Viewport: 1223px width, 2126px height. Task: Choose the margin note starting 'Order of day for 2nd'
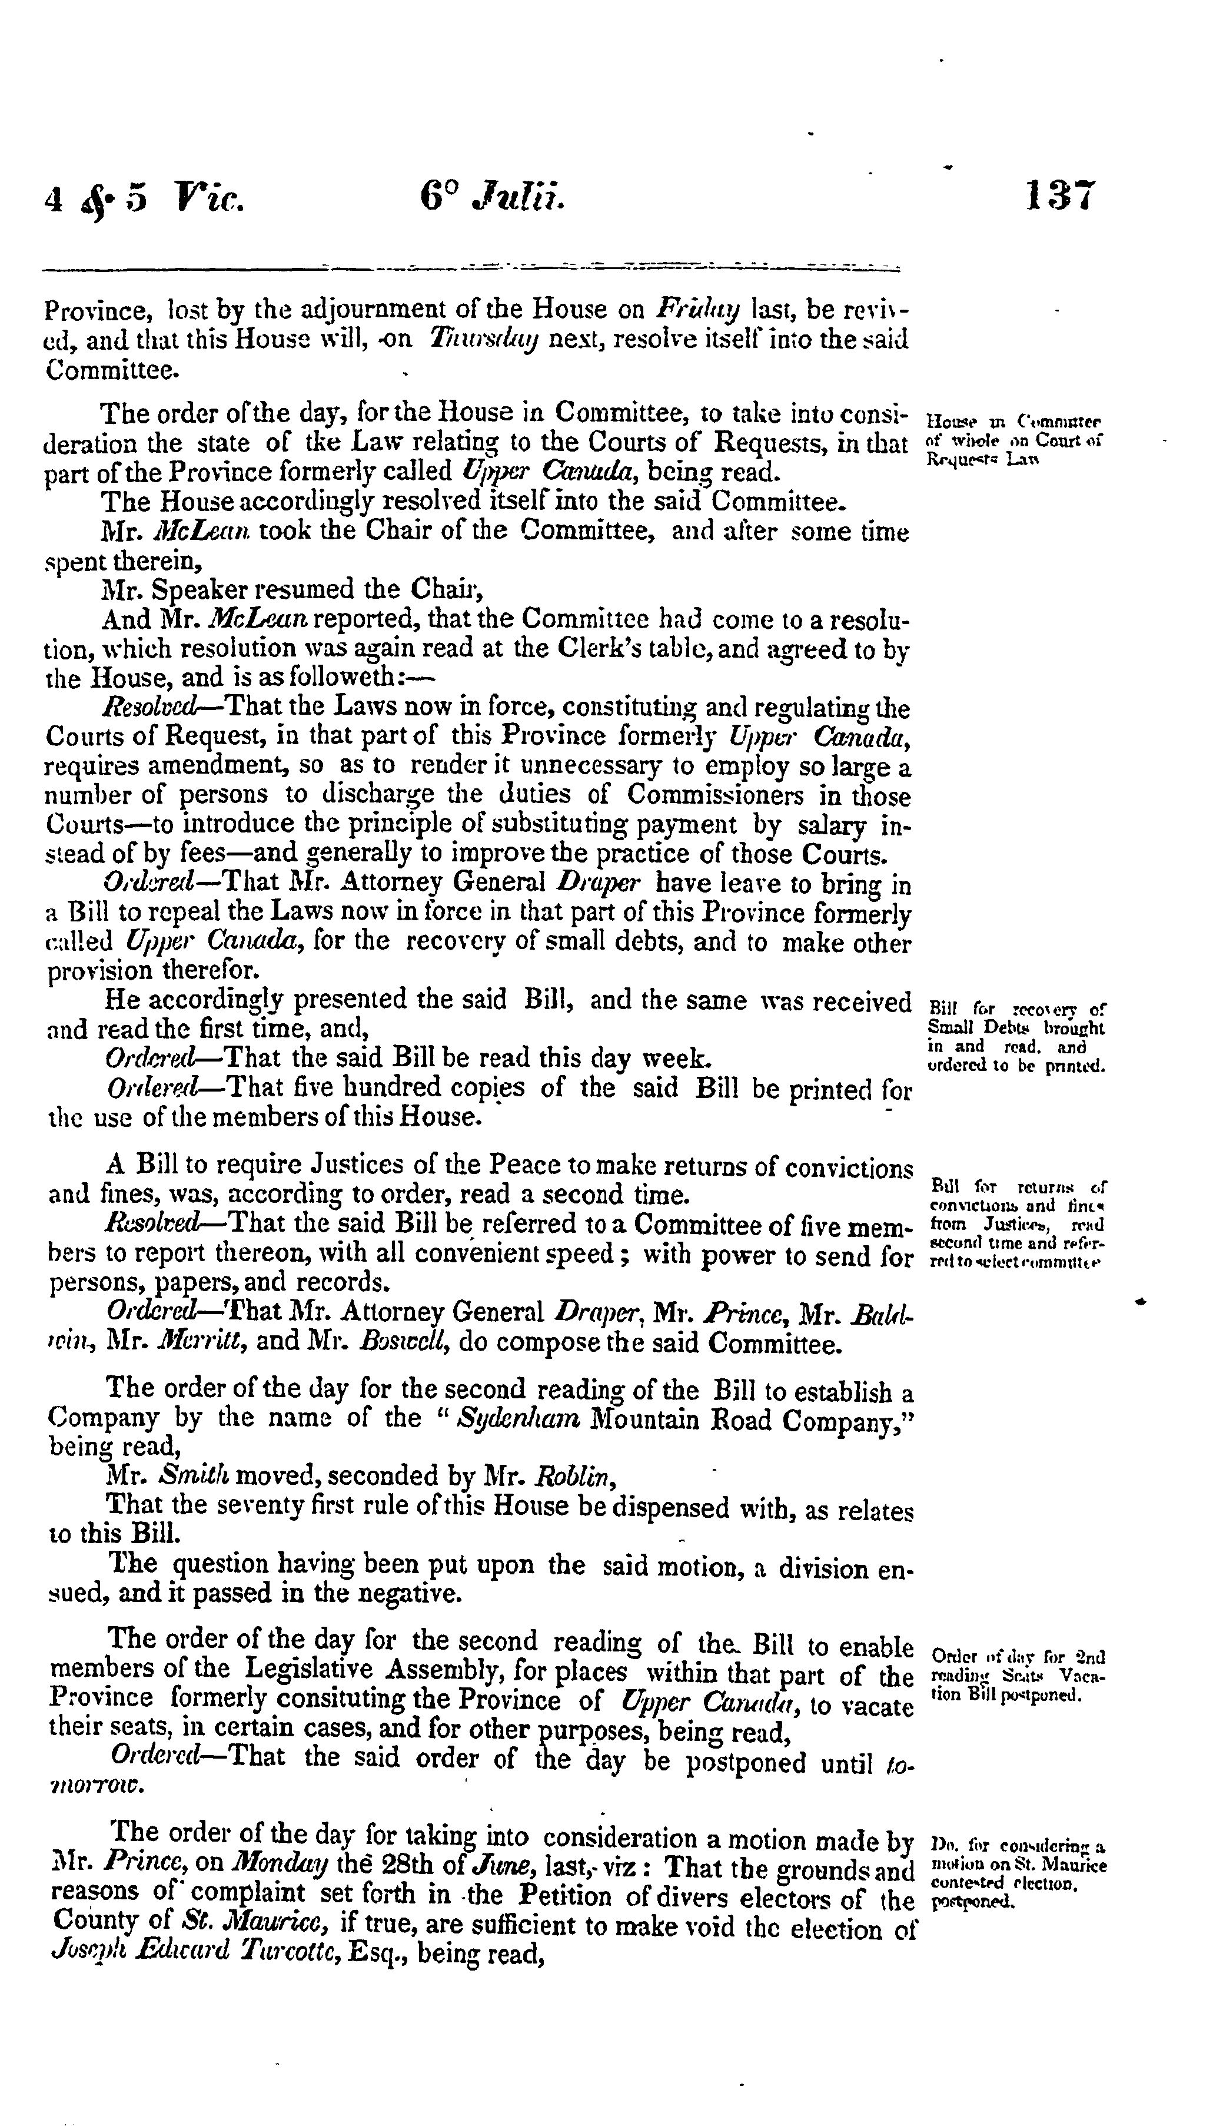pyautogui.click(x=1017, y=1676)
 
